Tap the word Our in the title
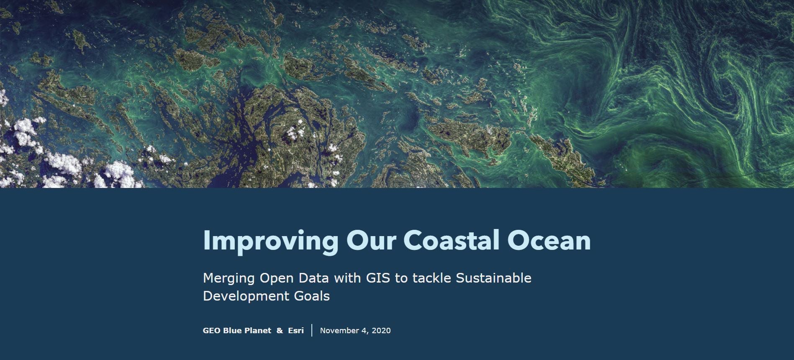pyautogui.click(x=370, y=240)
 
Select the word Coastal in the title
pyautogui.click(x=451, y=240)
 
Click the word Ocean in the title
pyautogui.click(x=549, y=240)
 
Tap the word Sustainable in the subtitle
pyautogui.click(x=493, y=278)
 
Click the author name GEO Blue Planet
pyautogui.click(x=237, y=331)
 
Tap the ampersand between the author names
pyautogui.click(x=280, y=331)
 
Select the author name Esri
pyautogui.click(x=296, y=331)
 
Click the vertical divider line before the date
pyautogui.click(x=312, y=330)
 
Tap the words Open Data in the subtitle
pyautogui.click(x=295, y=278)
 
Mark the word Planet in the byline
pyautogui.click(x=258, y=331)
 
